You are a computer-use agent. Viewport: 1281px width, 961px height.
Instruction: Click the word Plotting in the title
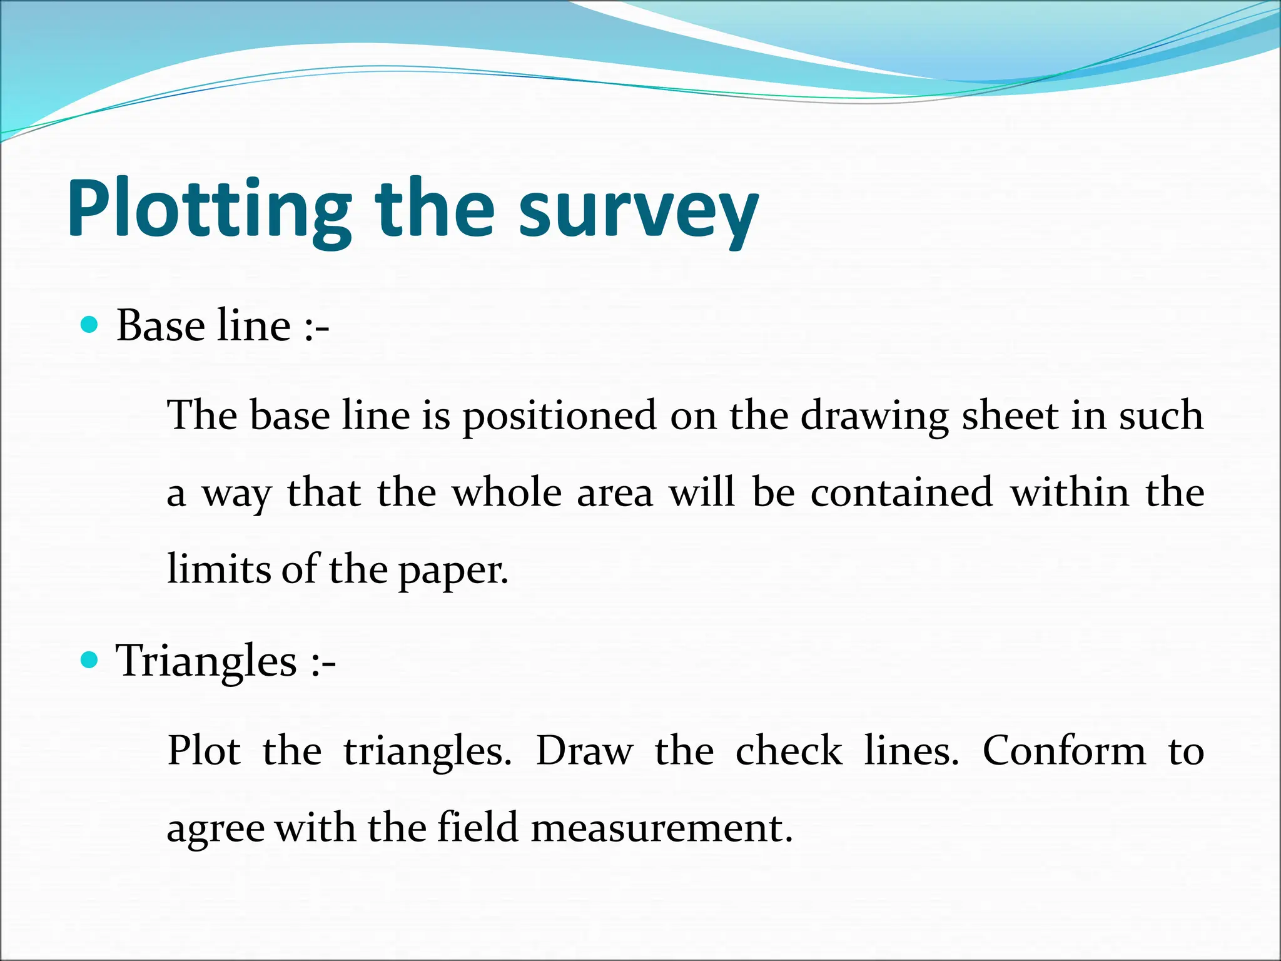pos(210,210)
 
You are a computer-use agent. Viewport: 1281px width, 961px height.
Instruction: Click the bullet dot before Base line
pos(91,325)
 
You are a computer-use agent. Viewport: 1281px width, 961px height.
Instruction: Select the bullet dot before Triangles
pos(91,659)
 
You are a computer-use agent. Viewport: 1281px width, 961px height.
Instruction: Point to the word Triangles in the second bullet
pos(206,661)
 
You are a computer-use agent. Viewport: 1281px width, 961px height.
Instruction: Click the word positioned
pos(560,416)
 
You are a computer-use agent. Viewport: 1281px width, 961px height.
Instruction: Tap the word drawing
pos(874,416)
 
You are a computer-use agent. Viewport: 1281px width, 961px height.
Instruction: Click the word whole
pos(507,492)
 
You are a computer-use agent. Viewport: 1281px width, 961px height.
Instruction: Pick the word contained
pos(902,492)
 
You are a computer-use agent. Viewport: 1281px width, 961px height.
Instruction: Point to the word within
pos(1070,492)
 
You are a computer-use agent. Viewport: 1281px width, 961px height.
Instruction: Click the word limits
pos(218,569)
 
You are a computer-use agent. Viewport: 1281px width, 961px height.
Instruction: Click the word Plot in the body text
pos(204,750)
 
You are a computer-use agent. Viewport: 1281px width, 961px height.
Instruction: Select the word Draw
pos(584,750)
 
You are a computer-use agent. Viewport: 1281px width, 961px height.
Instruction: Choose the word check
pos(789,750)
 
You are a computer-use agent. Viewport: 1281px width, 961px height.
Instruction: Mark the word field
pos(478,827)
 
